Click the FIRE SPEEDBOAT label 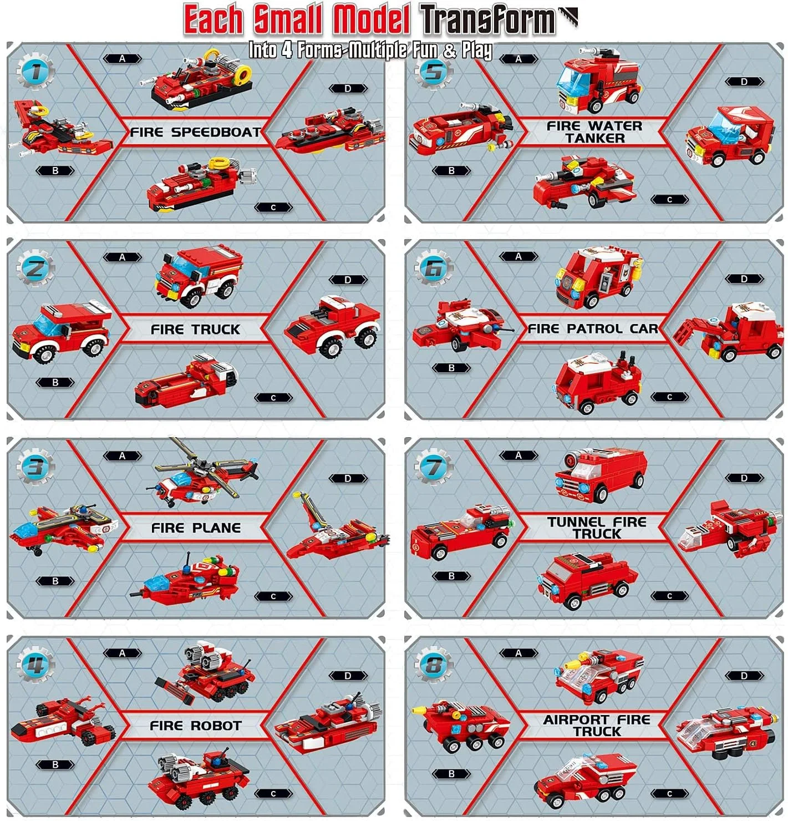[x=195, y=132]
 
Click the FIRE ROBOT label [x=196, y=726]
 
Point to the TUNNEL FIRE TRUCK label [x=597, y=528]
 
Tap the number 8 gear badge [x=433, y=665]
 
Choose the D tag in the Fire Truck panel [x=348, y=280]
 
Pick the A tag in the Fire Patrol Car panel [x=518, y=256]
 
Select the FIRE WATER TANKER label [x=595, y=132]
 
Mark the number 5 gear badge [x=433, y=71]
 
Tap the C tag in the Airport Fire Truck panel [x=669, y=794]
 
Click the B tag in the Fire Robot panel [x=55, y=765]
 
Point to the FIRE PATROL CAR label [x=593, y=328]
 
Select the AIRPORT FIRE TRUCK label [x=597, y=726]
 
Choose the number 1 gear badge [x=35, y=71]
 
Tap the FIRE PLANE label [x=196, y=528]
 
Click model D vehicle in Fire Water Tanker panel [x=730, y=136]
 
